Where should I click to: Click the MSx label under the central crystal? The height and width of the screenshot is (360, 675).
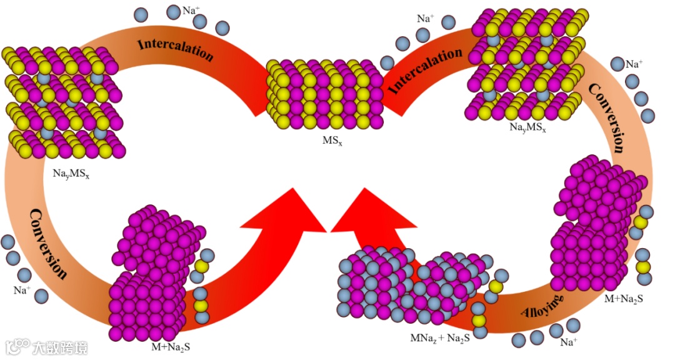click(332, 141)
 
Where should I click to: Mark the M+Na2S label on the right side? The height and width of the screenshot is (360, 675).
click(623, 299)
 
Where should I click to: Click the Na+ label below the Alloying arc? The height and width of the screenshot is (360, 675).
click(568, 342)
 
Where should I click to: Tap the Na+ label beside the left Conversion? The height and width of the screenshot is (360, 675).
click(21, 290)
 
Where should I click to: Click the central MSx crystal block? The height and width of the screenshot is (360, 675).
click(324, 94)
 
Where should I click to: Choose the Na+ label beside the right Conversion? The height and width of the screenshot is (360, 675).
click(634, 64)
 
